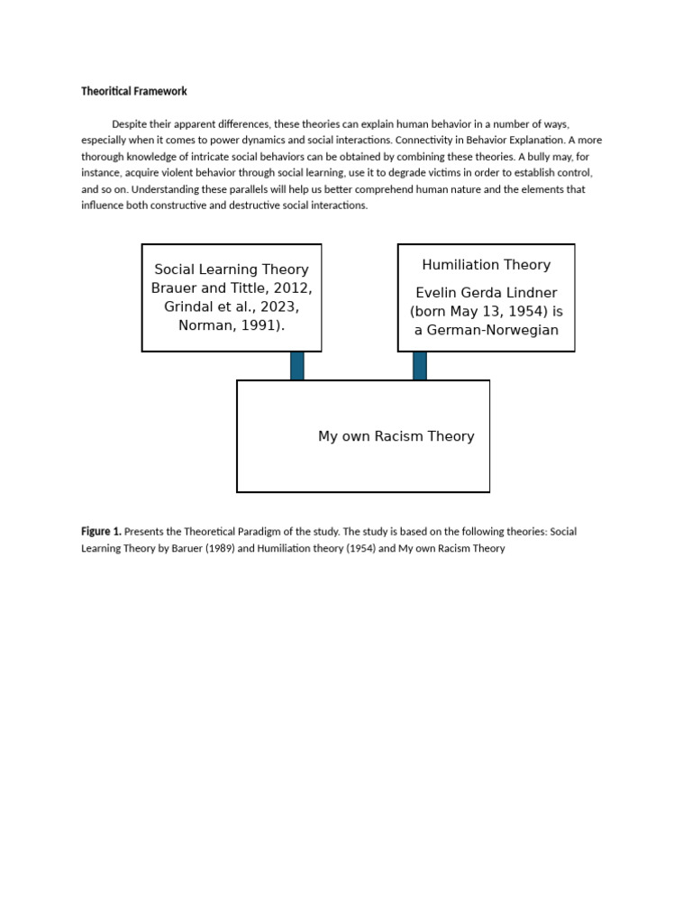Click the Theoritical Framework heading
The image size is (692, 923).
click(134, 91)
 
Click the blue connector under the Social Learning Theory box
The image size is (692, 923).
click(297, 366)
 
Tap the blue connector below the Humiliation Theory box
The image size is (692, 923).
click(420, 366)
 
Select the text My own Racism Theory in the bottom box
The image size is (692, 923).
click(396, 436)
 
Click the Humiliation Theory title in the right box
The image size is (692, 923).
click(486, 265)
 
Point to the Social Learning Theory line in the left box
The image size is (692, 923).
click(232, 270)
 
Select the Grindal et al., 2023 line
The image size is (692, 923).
click(232, 306)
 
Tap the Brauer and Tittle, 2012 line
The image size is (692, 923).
click(232, 288)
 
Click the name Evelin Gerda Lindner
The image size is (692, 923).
click(486, 293)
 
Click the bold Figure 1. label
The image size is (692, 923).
click(101, 532)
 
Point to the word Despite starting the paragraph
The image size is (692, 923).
click(129, 123)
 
